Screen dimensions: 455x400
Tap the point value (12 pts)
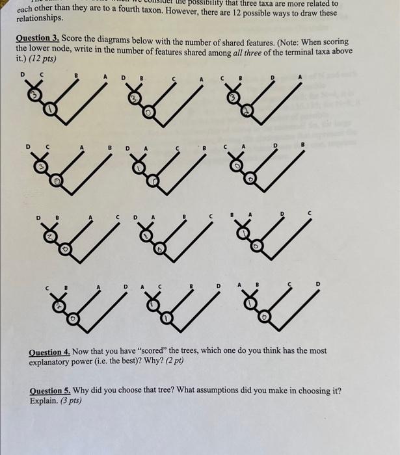(x=44, y=58)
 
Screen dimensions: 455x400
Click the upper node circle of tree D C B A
(x=31, y=97)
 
